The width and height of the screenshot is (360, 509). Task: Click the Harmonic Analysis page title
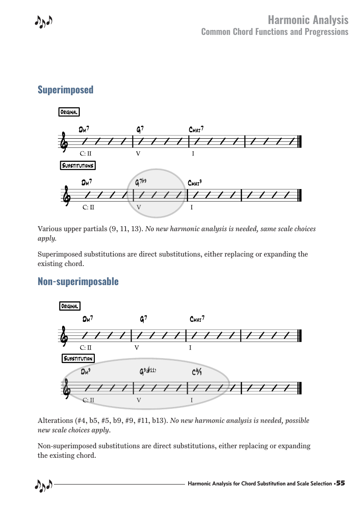coord(308,20)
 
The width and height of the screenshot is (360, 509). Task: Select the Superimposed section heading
coord(65,90)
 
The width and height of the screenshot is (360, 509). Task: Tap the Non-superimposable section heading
coord(78,281)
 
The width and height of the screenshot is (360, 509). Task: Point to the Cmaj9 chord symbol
coord(195,183)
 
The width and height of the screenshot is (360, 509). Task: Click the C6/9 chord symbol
coord(196,373)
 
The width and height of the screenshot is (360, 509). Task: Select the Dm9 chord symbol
coord(86,372)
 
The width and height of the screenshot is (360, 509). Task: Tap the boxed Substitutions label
coord(78,165)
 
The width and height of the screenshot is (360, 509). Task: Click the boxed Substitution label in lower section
coord(78,359)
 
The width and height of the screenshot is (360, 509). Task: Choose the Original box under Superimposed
coord(69,112)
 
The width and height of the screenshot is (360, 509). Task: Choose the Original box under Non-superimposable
coord(70,306)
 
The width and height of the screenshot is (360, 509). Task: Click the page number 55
coord(341,484)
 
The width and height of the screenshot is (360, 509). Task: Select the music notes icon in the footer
coord(44,485)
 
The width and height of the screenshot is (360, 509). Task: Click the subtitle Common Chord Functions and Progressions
coord(275,32)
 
